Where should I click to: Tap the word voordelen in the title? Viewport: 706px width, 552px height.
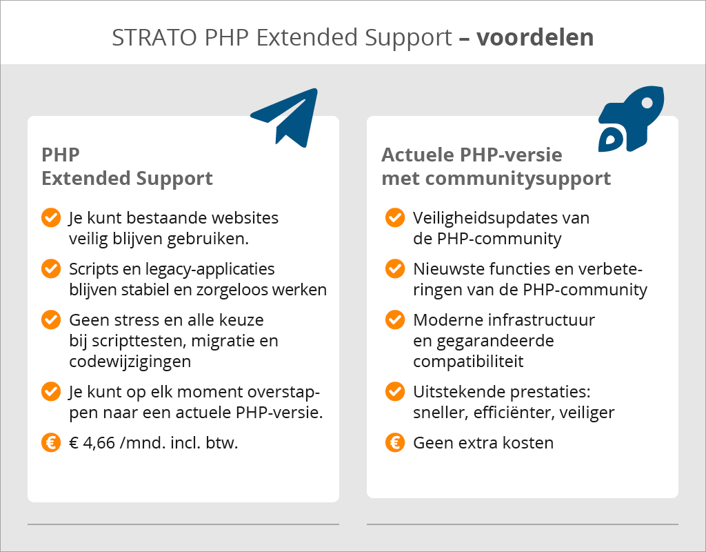pyautogui.click(x=534, y=37)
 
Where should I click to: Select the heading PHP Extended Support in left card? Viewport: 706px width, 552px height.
pyautogui.click(x=127, y=166)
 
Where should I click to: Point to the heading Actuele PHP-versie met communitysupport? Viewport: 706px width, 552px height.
pyautogui.click(x=496, y=166)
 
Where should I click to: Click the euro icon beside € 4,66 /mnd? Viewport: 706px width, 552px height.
pyautogui.click(x=51, y=442)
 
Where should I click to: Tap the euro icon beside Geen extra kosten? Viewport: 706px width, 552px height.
pyautogui.click(x=395, y=442)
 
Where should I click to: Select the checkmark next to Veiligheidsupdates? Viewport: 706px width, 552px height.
pyautogui.click(x=395, y=218)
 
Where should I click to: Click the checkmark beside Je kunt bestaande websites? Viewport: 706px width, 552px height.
pyautogui.click(x=51, y=218)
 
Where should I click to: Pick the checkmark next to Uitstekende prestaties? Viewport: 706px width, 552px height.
pyautogui.click(x=395, y=392)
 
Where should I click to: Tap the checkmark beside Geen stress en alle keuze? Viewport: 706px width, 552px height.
pyautogui.click(x=51, y=320)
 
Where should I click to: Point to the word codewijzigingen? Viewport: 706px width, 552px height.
pyautogui.click(x=130, y=361)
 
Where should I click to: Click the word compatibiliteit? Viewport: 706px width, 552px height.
pyautogui.click(x=468, y=361)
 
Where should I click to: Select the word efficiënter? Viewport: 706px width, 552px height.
pyautogui.click(x=509, y=413)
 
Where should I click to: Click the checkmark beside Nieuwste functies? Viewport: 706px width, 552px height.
pyautogui.click(x=395, y=268)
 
